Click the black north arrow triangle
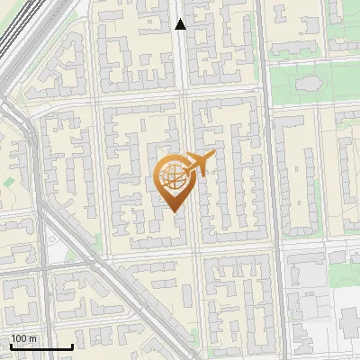click(x=180, y=24)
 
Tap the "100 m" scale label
click(x=24, y=337)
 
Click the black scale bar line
click(x=41, y=346)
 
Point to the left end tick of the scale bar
click(x=11, y=346)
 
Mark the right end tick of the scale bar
click(x=72, y=346)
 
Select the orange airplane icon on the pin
click(x=198, y=162)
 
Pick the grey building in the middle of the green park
click(x=309, y=85)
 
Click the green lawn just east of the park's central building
click(x=338, y=85)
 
